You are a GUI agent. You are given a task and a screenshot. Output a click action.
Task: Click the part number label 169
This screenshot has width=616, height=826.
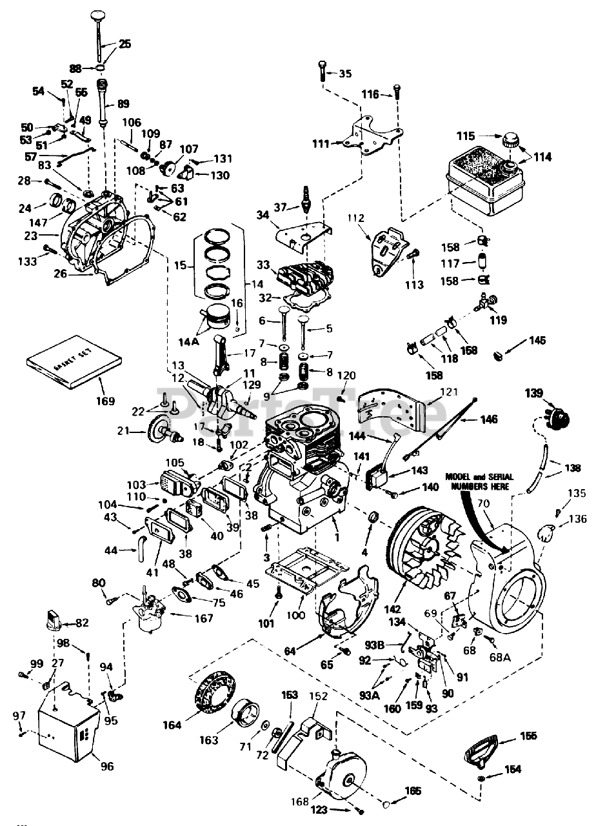tap(104, 401)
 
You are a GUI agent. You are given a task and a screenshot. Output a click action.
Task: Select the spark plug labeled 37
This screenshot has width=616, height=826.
tap(303, 200)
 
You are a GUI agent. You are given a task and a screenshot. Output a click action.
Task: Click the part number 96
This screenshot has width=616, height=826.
tap(106, 767)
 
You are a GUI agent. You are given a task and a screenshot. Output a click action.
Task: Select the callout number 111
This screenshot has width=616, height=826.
tap(321, 143)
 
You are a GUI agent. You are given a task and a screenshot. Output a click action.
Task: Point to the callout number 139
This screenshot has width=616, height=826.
tap(533, 393)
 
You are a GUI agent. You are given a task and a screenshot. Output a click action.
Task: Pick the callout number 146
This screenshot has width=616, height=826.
tap(488, 419)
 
